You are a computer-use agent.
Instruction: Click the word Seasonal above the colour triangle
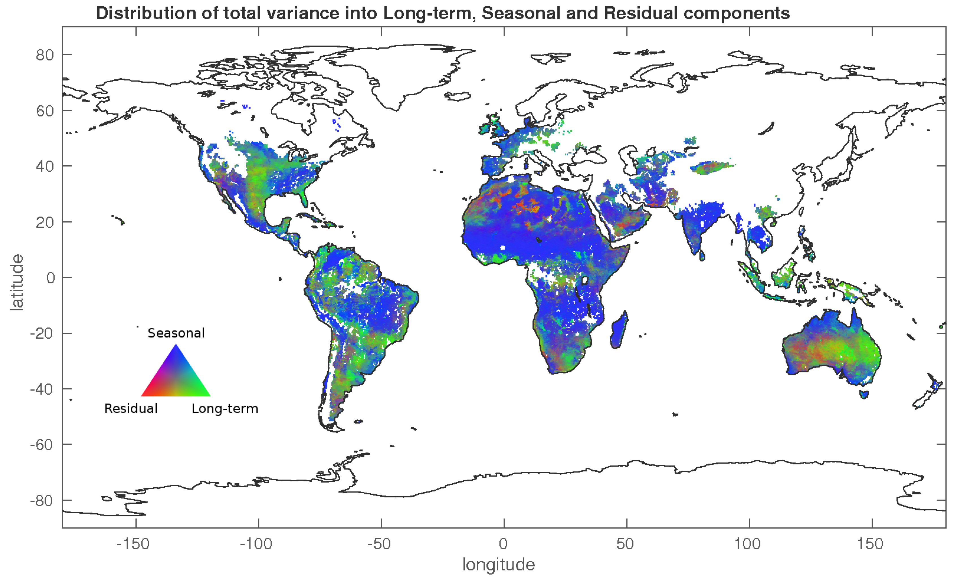(176, 333)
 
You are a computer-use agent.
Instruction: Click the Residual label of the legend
(131, 408)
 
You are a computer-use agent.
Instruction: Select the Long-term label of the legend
(225, 408)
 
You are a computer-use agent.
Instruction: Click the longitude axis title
(498, 564)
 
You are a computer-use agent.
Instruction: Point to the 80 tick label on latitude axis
(45, 55)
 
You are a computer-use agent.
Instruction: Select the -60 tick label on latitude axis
(42, 445)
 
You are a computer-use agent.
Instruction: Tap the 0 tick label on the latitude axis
(51, 278)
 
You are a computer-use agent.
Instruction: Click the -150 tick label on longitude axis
(133, 544)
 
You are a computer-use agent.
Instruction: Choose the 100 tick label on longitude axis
(747, 544)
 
